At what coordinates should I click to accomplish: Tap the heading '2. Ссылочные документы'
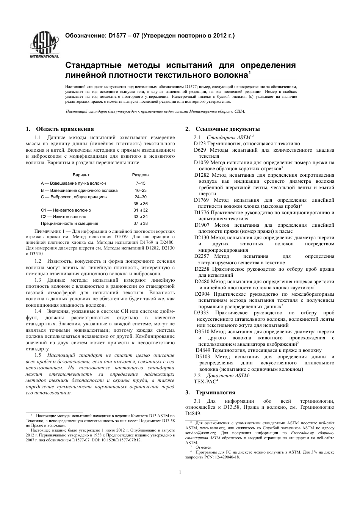click(222, 129)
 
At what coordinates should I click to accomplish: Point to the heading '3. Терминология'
click(210, 392)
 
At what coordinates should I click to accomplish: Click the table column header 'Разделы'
click(140, 175)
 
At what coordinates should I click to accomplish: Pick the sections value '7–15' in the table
click(140, 183)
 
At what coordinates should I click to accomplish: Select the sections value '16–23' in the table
click(140, 190)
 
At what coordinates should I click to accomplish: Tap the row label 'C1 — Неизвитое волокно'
click(66, 210)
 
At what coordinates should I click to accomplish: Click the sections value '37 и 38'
click(140, 223)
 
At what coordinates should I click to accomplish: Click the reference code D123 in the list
click(199, 144)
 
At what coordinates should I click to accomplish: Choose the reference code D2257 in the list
click(201, 256)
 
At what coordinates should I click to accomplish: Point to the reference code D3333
click(201, 313)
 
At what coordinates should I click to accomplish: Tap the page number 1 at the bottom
click(180, 472)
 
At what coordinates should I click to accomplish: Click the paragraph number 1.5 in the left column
click(38, 355)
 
